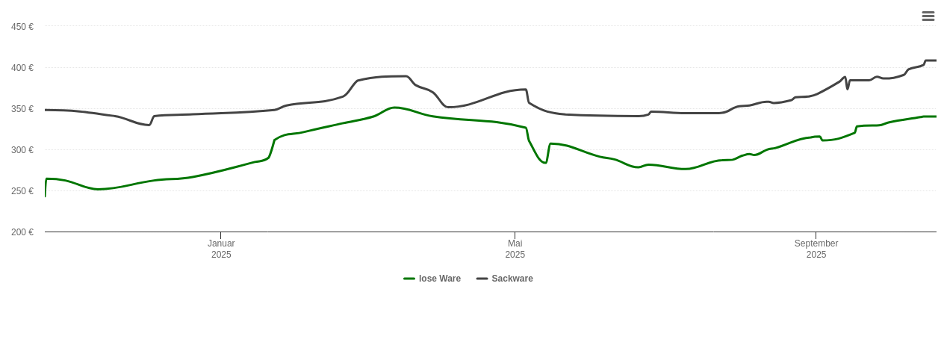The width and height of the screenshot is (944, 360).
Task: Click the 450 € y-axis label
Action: coord(22,27)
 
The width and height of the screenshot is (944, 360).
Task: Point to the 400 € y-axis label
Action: coord(22,68)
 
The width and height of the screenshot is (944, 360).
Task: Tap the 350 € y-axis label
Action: coord(22,109)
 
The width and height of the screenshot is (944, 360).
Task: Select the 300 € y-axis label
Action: coord(22,150)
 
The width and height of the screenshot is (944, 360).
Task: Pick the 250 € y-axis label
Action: coord(22,191)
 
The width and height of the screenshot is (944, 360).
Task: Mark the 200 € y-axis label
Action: coord(22,232)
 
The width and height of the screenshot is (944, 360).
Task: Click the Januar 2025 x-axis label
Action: coord(221,249)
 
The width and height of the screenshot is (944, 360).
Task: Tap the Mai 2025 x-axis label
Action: coord(515,249)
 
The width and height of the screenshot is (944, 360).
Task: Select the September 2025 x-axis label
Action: coord(816,249)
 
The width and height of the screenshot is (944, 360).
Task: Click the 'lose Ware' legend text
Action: coord(440,279)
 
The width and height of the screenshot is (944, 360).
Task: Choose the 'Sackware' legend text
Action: coord(512,279)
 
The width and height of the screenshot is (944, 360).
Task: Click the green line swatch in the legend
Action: coord(409,279)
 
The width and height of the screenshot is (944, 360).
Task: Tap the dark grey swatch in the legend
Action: coord(482,279)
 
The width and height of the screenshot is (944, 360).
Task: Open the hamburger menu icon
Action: coord(928,16)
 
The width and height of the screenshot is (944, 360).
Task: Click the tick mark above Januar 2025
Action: coord(220,235)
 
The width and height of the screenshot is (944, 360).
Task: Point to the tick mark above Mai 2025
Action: coord(515,235)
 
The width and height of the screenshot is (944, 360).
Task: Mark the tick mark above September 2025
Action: coord(816,235)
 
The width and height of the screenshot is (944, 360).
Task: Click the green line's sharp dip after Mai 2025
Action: coord(545,163)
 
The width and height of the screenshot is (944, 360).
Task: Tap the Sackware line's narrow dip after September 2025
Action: coord(848,88)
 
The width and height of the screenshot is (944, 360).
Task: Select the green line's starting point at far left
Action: coord(46,196)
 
